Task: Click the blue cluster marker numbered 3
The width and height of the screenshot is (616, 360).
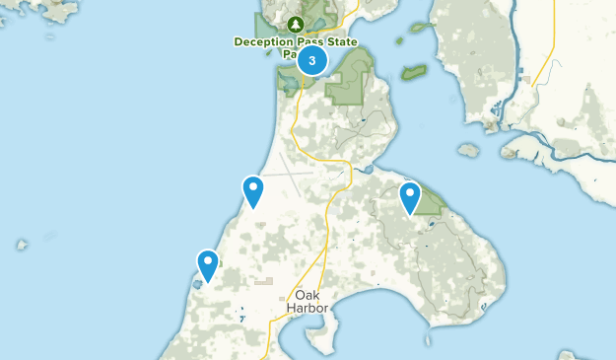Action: (312, 60)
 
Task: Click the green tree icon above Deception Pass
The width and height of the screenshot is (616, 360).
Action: (295, 24)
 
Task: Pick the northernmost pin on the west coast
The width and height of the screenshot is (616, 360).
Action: (253, 189)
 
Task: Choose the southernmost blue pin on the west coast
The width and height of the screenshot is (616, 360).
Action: (208, 264)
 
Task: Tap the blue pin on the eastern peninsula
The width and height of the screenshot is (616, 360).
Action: (410, 196)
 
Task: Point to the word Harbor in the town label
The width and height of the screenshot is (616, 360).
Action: (306, 307)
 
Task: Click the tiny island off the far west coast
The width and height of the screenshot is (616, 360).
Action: (21, 244)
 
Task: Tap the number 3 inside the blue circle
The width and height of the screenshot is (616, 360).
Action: (312, 60)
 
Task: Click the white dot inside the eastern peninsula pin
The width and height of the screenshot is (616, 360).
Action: (410, 192)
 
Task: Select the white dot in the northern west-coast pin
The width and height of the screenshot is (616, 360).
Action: (253, 185)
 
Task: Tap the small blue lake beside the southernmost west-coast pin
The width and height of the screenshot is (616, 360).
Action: (198, 284)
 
